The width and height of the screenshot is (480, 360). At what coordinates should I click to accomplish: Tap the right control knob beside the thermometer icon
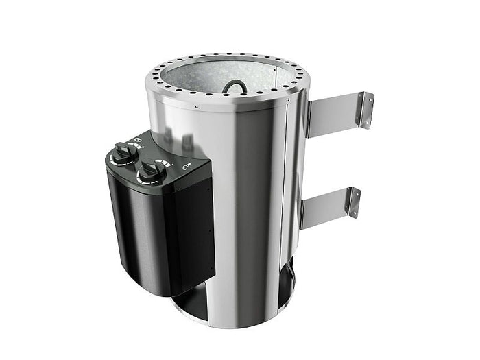click(x=149, y=171)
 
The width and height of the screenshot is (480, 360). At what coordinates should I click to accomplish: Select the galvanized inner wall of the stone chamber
click(x=206, y=79)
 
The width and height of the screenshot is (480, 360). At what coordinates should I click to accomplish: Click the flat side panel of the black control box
click(x=192, y=233)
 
